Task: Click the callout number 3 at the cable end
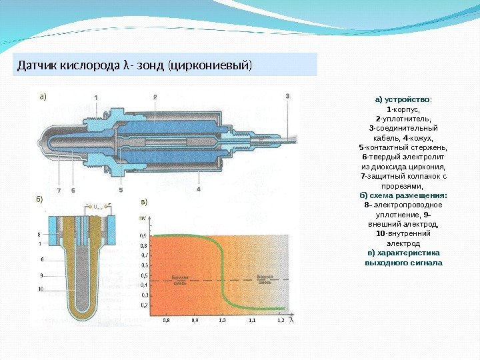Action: [287, 96]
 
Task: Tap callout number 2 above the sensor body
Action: [155, 97]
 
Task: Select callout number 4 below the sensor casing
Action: [199, 189]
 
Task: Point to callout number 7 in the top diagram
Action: [59, 190]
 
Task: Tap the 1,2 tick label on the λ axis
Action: [281, 321]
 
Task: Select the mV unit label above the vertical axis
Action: [142, 218]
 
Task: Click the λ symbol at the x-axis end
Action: [292, 320]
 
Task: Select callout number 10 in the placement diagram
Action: [41, 289]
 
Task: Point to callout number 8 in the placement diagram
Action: [39, 234]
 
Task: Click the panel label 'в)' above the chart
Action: [143, 201]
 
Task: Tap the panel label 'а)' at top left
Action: [42, 96]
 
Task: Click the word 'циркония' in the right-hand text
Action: [424, 166]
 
